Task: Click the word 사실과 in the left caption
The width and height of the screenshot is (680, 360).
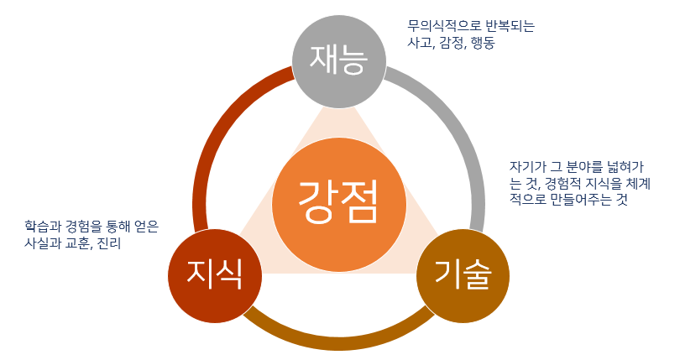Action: pyautogui.click(x=43, y=244)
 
